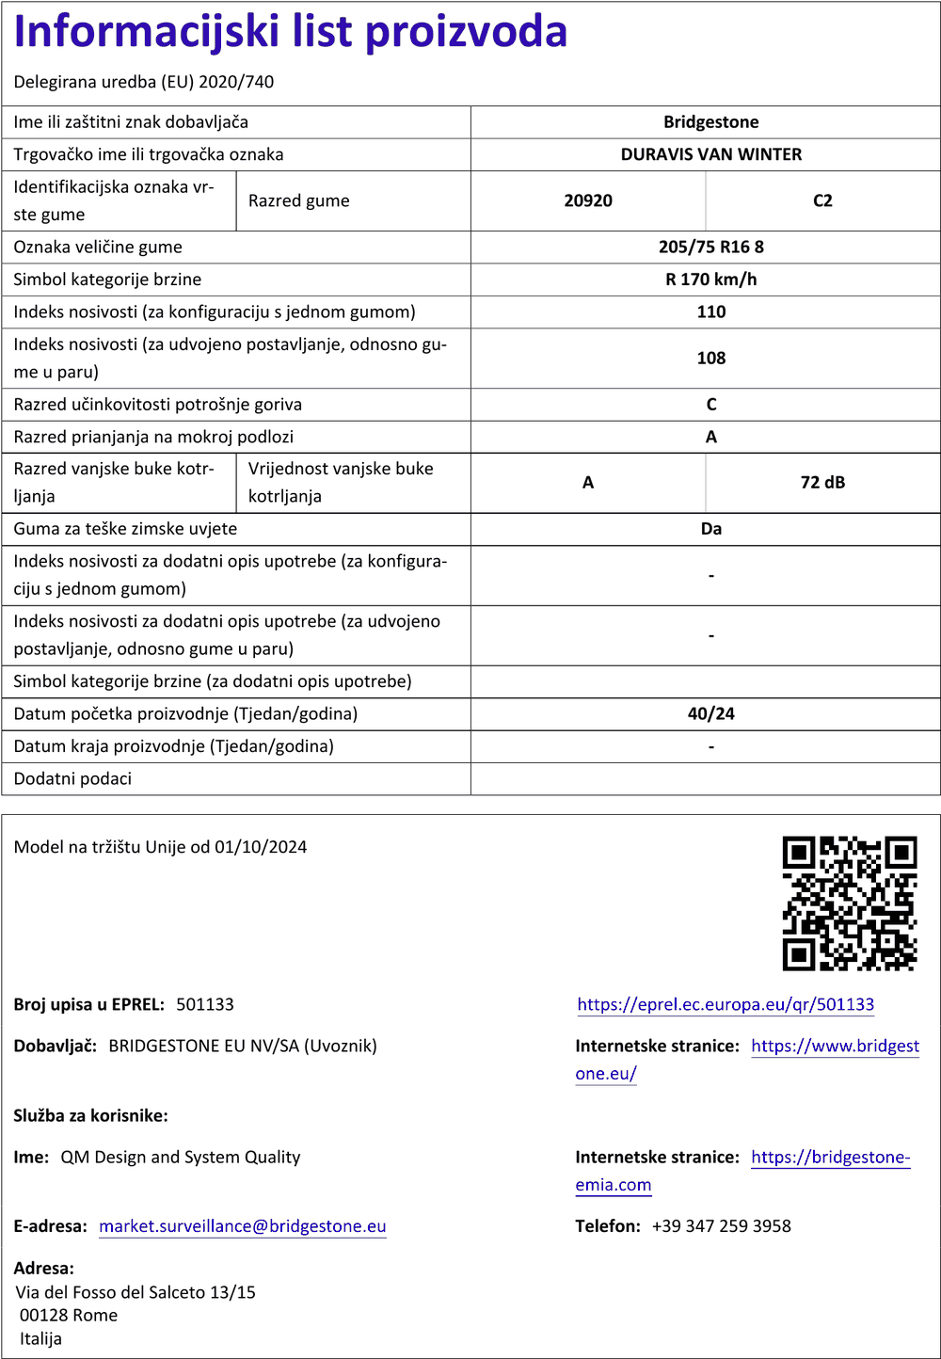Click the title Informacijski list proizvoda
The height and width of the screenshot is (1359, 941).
[291, 32]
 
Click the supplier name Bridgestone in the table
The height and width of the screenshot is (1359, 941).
[710, 122]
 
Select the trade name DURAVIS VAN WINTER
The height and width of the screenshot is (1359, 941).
[710, 154]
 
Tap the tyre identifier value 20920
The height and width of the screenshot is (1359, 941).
[588, 200]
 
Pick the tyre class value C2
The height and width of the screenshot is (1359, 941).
[822, 200]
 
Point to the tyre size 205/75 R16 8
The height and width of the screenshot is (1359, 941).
[710, 247]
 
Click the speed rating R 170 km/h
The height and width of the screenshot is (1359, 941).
[710, 280]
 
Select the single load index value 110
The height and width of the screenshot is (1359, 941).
[710, 312]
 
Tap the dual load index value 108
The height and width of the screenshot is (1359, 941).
[710, 358]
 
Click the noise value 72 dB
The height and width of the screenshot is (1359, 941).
[822, 483]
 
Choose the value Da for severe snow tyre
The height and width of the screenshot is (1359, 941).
[710, 529]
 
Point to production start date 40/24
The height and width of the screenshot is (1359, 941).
[710, 713]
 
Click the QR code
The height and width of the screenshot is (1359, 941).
[850, 903]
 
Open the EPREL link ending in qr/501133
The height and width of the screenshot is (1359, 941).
[726, 1004]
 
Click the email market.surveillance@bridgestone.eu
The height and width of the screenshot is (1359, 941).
[243, 1226]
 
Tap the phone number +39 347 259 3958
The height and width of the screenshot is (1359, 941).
[721, 1226]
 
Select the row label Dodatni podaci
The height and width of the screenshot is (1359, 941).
[72, 778]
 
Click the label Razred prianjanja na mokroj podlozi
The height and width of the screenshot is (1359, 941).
[153, 437]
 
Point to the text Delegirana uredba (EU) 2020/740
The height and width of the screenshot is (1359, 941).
[144, 82]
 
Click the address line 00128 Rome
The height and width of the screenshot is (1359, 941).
[69, 1315]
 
